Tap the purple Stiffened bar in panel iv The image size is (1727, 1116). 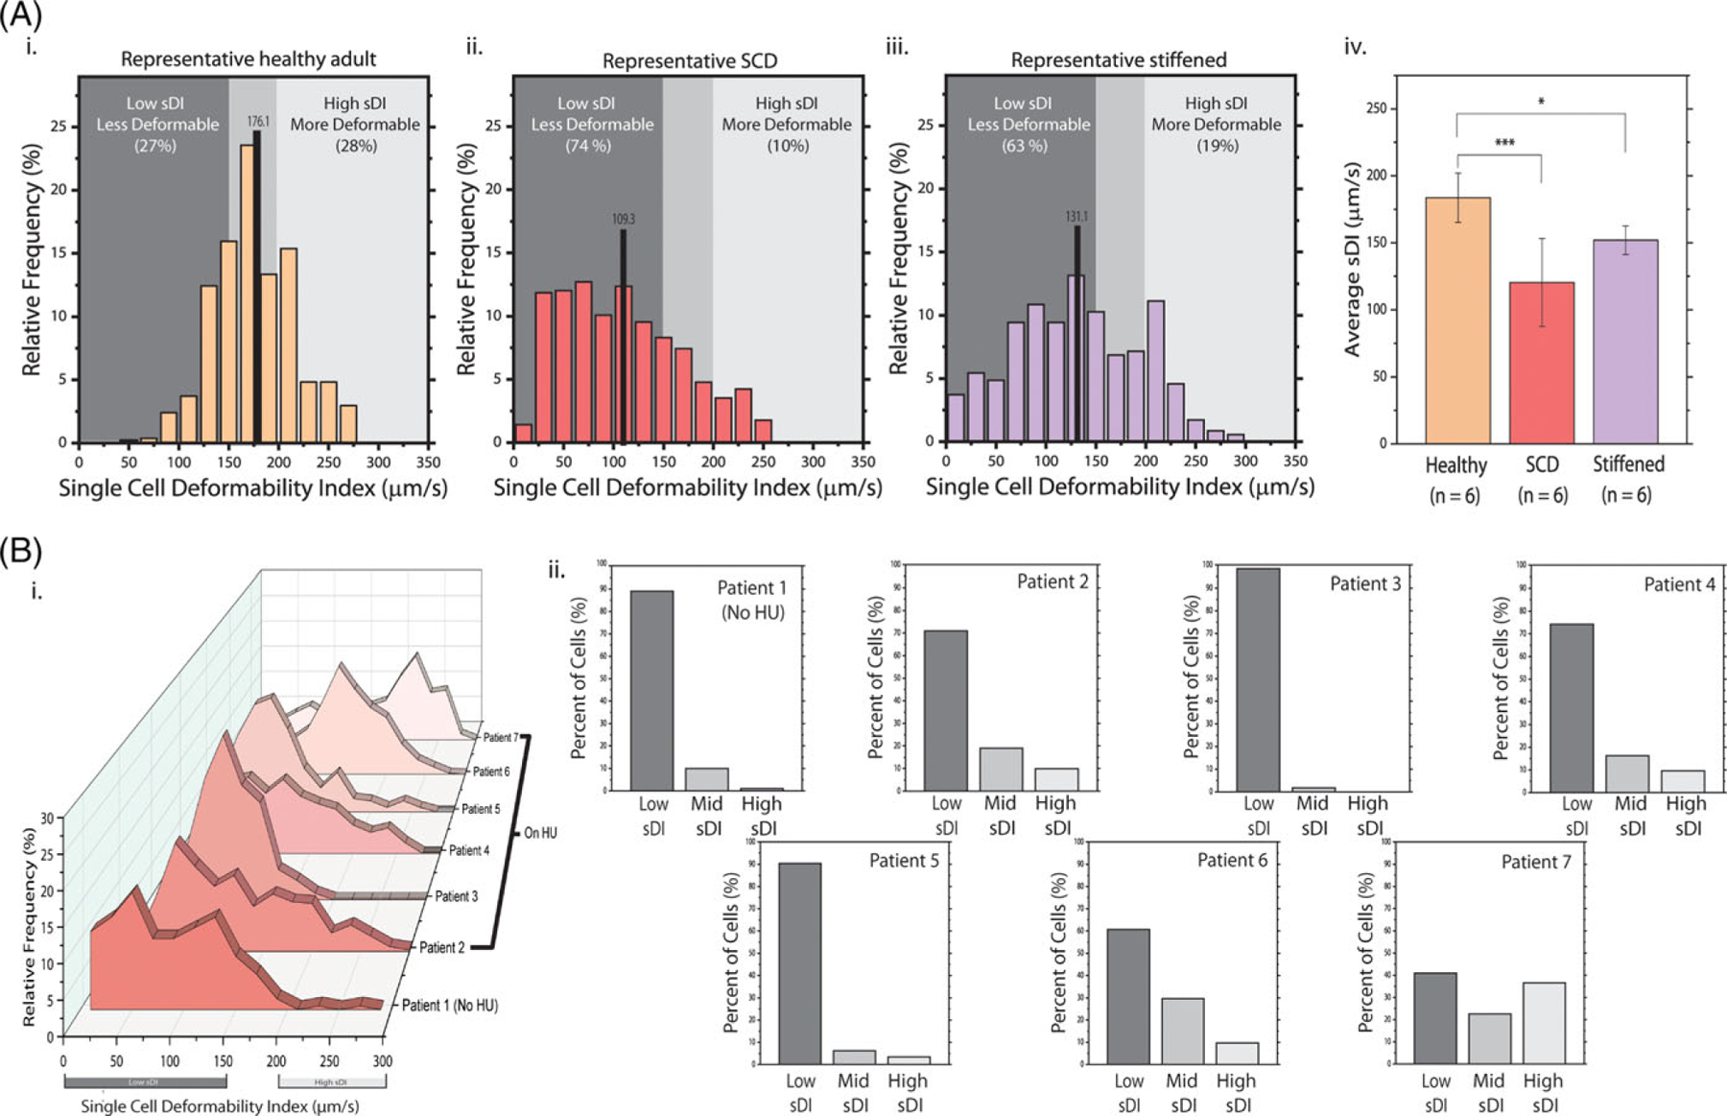click(1625, 341)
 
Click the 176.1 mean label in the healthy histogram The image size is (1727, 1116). click(258, 122)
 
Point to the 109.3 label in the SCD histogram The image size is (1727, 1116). click(623, 219)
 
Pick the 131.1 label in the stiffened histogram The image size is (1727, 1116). click(1076, 217)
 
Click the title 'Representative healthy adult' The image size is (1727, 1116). click(248, 59)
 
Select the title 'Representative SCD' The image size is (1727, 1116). click(689, 61)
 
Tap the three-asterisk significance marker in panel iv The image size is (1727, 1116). click(1504, 144)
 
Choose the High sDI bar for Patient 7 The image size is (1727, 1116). click(1543, 1022)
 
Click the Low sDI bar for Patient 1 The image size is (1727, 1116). click(651, 690)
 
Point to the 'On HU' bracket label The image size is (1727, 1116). click(540, 833)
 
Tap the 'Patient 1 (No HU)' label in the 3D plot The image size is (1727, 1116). click(449, 1006)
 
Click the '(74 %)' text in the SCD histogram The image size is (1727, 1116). click(588, 146)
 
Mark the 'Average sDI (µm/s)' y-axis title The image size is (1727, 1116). click(1352, 260)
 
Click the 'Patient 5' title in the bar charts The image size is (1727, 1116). click(904, 861)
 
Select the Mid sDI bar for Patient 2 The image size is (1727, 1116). click(1001, 769)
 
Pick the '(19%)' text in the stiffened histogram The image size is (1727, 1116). click(1217, 146)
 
